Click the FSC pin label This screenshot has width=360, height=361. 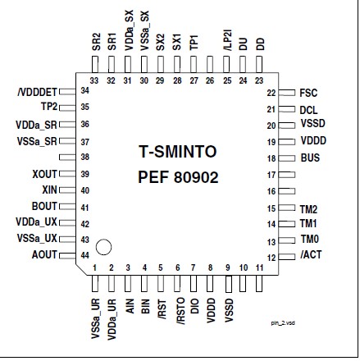click(308, 94)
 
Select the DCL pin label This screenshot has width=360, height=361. click(308, 109)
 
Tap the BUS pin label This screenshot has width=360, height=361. click(310, 158)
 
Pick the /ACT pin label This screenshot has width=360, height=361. click(310, 256)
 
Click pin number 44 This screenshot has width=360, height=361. click(85, 255)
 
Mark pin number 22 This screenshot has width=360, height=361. click(271, 93)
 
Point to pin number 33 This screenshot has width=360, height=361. click(95, 80)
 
